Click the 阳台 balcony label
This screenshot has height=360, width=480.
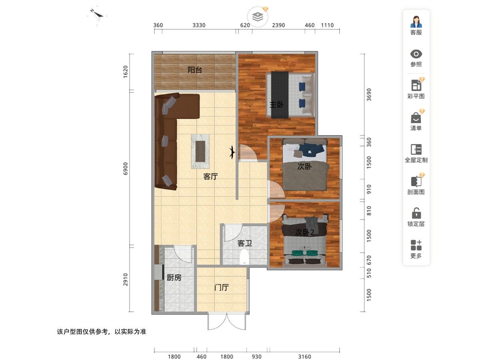click(195, 70)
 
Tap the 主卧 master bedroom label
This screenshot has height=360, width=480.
click(276, 105)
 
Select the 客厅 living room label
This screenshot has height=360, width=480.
click(210, 176)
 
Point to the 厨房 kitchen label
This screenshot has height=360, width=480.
click(174, 278)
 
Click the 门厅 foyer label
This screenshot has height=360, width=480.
click(221, 288)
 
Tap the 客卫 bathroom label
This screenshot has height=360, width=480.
click(245, 243)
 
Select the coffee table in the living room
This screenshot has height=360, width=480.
click(200, 151)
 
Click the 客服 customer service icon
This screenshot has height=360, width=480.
click(416, 22)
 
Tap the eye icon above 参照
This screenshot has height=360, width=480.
click(416, 54)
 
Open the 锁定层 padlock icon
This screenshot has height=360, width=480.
click(416, 213)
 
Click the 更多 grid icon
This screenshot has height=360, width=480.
click(416, 245)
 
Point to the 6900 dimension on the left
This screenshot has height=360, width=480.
click(125, 168)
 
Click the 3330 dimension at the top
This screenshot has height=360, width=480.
click(199, 25)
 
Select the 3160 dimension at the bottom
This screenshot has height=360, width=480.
click(304, 357)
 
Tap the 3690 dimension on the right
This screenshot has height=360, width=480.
click(369, 95)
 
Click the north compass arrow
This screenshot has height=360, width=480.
click(98, 14)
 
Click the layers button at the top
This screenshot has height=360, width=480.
click(258, 17)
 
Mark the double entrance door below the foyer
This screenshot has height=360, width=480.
click(226, 322)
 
